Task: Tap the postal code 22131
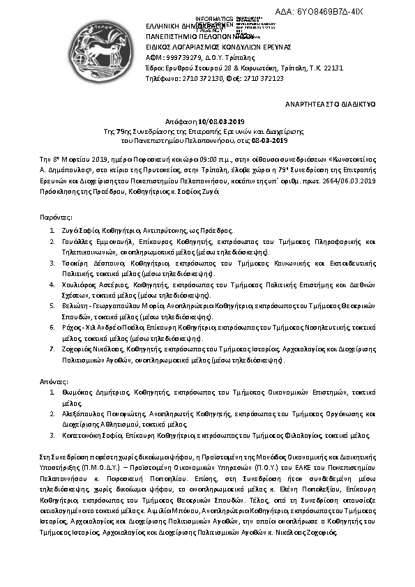click(x=332, y=68)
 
